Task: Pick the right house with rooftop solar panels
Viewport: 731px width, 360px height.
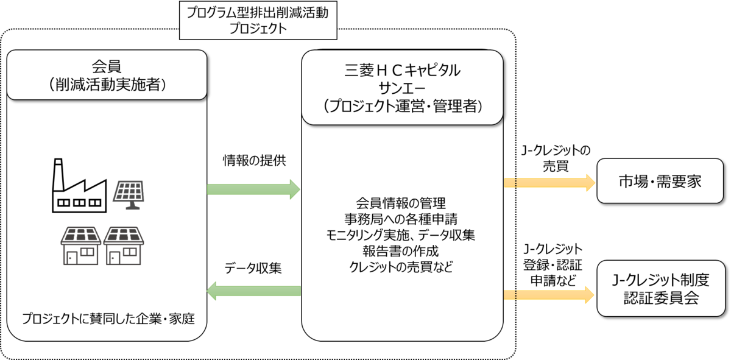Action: (x=124, y=245)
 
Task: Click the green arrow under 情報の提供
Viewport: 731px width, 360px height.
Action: (x=253, y=189)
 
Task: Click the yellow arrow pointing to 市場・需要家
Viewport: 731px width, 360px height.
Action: (x=549, y=182)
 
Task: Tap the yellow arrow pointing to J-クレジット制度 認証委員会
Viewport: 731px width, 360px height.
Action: (x=549, y=295)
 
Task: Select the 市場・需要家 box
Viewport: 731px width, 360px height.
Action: (x=661, y=181)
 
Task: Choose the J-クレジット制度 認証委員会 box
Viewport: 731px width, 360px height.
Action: (x=661, y=288)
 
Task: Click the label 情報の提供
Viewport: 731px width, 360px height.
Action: (x=253, y=161)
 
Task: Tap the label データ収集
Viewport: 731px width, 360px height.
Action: (x=253, y=268)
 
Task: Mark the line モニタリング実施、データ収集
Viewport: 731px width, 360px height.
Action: (x=401, y=234)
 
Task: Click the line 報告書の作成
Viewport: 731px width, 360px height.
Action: (x=401, y=250)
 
